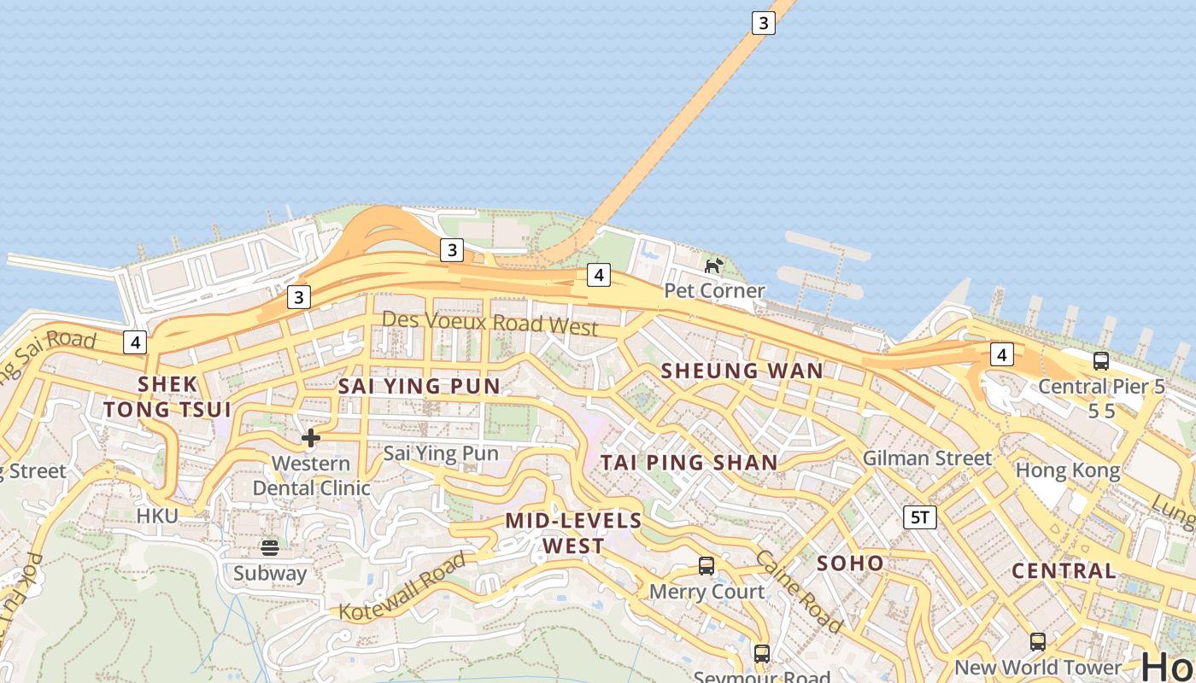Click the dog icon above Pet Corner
click(x=713, y=266)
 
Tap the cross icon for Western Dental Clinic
click(x=311, y=439)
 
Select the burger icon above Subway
click(x=270, y=547)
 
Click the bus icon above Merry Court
click(x=706, y=565)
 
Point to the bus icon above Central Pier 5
click(x=1101, y=361)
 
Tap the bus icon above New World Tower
click(x=1038, y=641)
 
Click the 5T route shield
click(x=920, y=517)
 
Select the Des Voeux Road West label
click(x=490, y=323)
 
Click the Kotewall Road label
click(x=402, y=587)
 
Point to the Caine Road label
click(x=799, y=590)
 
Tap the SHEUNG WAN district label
click(x=742, y=371)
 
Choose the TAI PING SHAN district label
click(x=689, y=463)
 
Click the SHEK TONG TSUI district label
click(x=167, y=397)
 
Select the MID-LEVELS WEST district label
click(x=573, y=533)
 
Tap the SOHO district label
click(x=850, y=563)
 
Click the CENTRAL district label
click(x=1064, y=570)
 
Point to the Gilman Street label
click(x=927, y=458)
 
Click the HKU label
click(x=157, y=516)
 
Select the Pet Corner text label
click(x=714, y=291)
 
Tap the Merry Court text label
click(x=707, y=592)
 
